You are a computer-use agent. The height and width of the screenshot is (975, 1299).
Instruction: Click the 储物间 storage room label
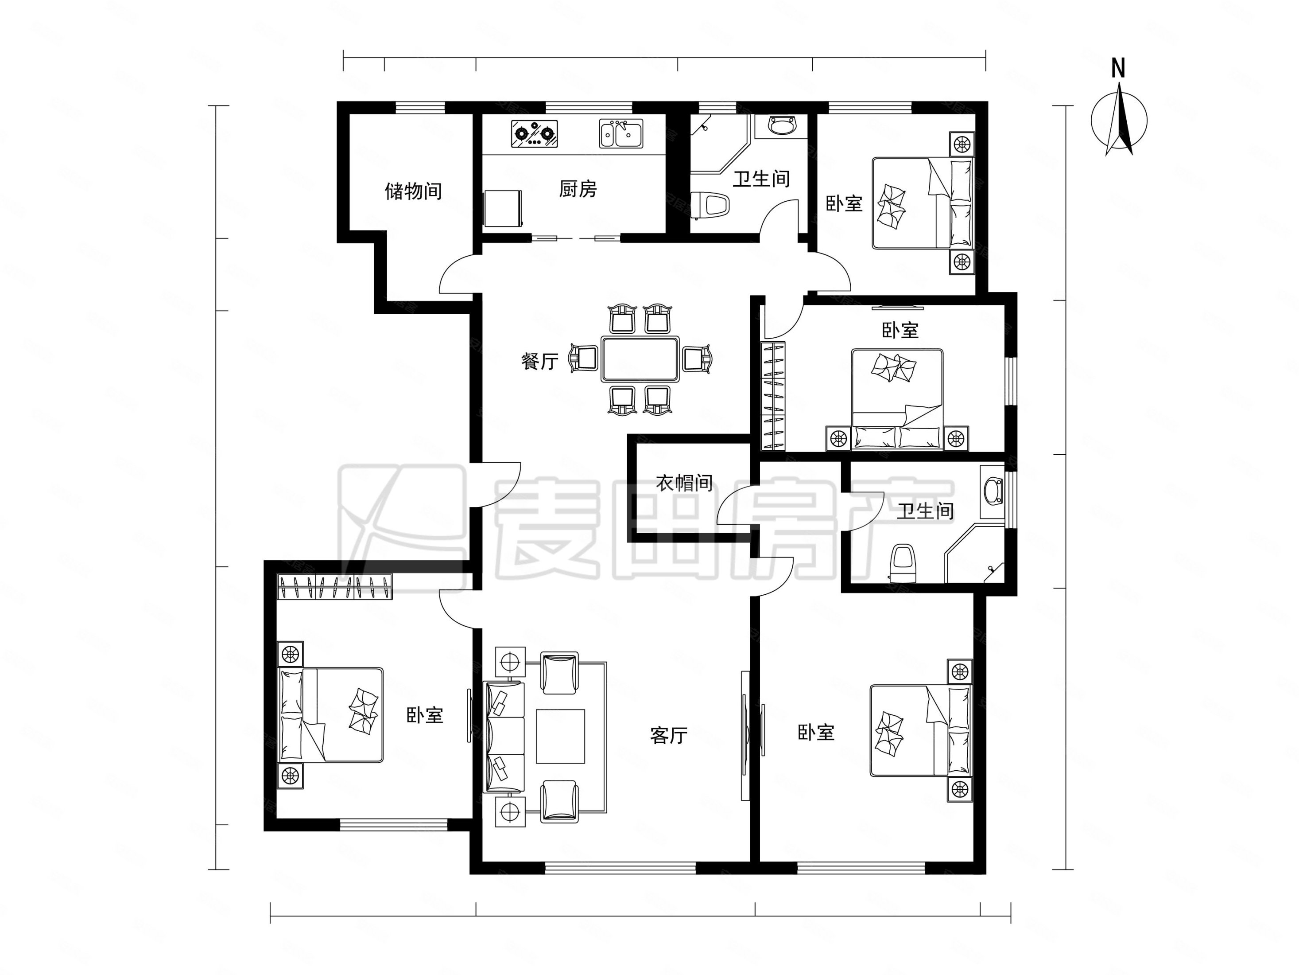413,191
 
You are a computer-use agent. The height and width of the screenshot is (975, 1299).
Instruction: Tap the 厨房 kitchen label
578,189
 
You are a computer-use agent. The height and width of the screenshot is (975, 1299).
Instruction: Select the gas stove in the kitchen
534,134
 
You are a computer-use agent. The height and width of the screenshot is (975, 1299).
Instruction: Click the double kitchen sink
621,133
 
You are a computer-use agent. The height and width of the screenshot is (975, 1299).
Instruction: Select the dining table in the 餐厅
640,359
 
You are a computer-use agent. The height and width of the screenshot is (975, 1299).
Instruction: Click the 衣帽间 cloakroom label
684,483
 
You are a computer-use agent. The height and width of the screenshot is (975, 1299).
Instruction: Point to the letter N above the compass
1118,69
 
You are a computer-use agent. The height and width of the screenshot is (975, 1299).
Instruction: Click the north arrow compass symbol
1119,121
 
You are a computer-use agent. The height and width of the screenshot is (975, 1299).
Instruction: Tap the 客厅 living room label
669,735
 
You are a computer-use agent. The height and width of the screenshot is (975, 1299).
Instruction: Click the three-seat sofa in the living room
503,737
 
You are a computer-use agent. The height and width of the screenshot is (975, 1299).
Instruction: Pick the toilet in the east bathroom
903,563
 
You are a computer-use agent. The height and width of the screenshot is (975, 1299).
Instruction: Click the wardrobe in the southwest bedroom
335,586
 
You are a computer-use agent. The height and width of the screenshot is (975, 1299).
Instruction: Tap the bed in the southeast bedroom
920,730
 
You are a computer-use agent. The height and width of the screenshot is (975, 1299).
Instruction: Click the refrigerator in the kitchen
503,207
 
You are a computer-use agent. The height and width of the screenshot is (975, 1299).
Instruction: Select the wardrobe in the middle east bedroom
773,397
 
